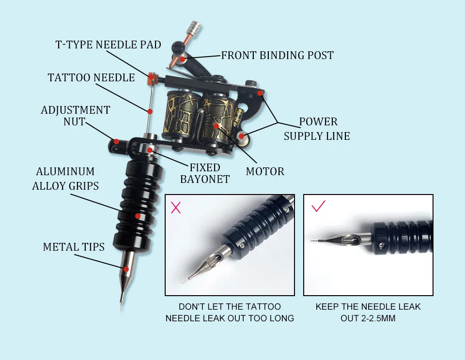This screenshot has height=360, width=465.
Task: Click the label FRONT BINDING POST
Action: point(277,55)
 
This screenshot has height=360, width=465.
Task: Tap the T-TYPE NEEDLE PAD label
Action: point(108,45)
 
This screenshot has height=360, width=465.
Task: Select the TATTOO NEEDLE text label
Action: point(91,77)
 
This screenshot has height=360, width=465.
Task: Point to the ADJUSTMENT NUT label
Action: point(75,116)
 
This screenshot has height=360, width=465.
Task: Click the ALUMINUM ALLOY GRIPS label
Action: point(65,179)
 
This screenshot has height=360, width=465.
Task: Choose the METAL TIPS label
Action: point(74,247)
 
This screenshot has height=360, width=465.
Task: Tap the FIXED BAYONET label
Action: point(204,173)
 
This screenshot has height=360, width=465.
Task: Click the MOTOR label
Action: point(265,171)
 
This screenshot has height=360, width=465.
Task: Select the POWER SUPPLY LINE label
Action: point(317,129)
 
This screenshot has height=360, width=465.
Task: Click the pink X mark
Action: point(176,208)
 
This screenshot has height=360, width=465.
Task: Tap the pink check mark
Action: point(318,207)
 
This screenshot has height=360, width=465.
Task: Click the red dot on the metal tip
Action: point(126,269)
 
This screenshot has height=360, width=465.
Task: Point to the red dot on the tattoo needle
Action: point(150,111)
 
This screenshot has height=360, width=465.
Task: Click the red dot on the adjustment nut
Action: point(116,142)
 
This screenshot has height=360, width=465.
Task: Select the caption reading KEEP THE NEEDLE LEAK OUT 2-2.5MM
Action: point(368,313)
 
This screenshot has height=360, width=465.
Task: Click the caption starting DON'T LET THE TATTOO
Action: point(230,313)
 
